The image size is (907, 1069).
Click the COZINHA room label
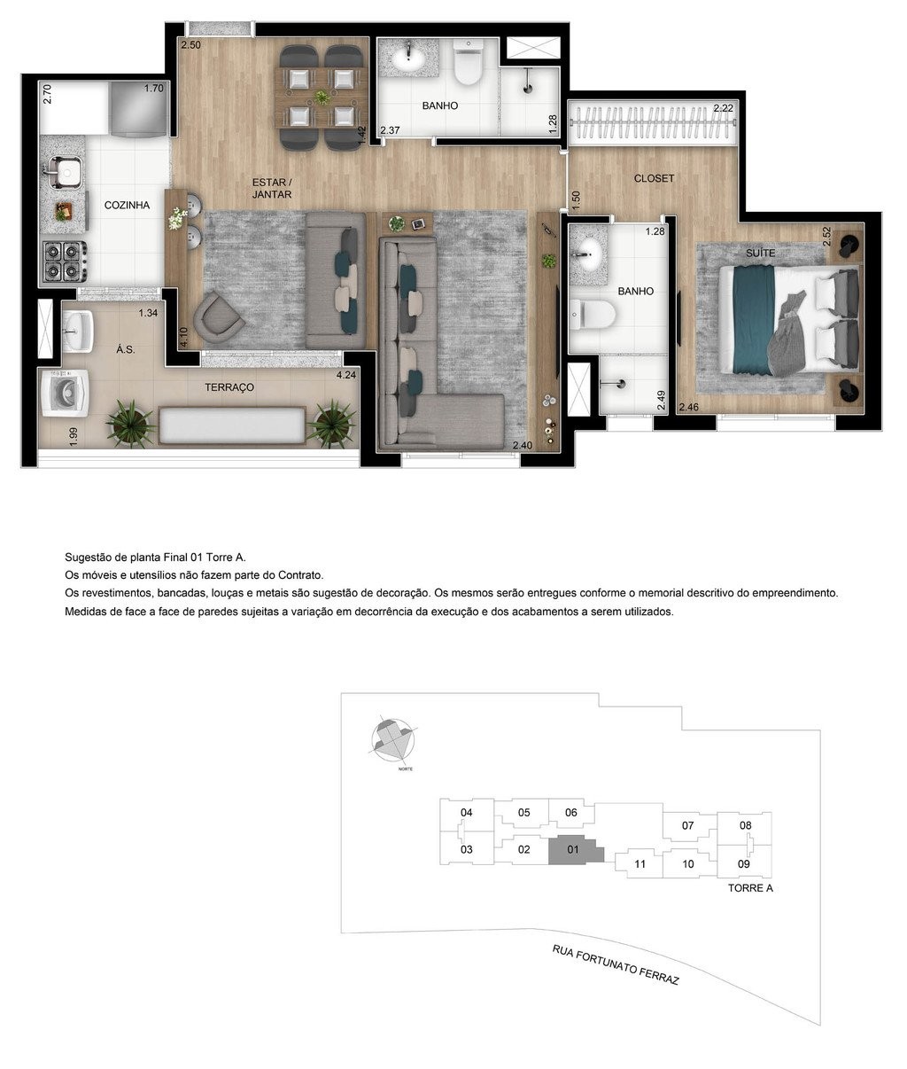tap(127, 205)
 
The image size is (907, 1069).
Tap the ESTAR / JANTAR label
tap(271, 188)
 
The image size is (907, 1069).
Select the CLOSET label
tap(654, 178)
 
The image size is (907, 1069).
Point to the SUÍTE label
tap(760, 253)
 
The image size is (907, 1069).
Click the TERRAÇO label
tap(229, 387)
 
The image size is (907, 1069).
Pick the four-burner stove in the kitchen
tap(66, 261)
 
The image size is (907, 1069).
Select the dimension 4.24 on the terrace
tap(345, 374)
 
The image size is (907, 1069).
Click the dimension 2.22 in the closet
tap(724, 108)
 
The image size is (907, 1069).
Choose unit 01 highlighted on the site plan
tap(573, 849)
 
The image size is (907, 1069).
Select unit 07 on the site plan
tap(687, 825)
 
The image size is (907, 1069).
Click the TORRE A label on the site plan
tap(750, 887)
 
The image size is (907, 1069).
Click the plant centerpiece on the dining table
tap(321, 97)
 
